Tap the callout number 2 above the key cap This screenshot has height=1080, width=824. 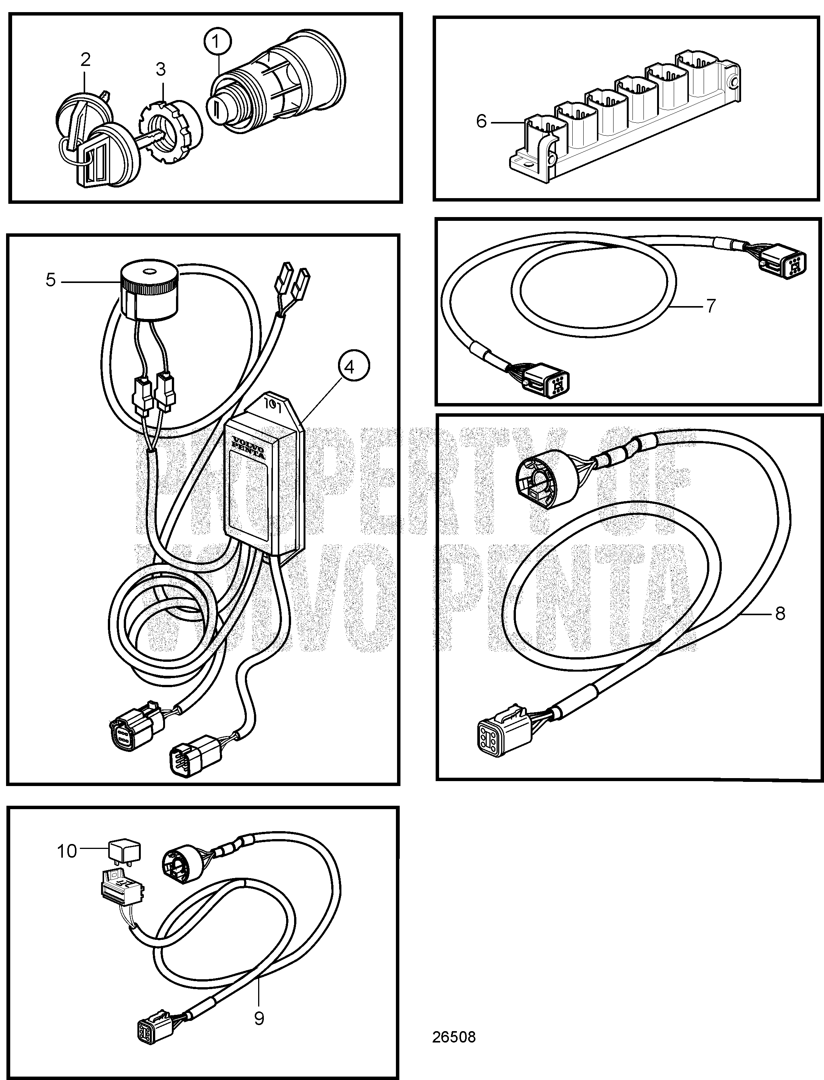[85, 60]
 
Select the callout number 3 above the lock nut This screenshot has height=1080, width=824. [161, 70]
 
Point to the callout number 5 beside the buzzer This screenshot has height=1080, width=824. [50, 280]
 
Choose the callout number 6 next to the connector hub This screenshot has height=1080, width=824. [482, 121]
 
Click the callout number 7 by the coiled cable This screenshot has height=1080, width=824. [711, 305]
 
